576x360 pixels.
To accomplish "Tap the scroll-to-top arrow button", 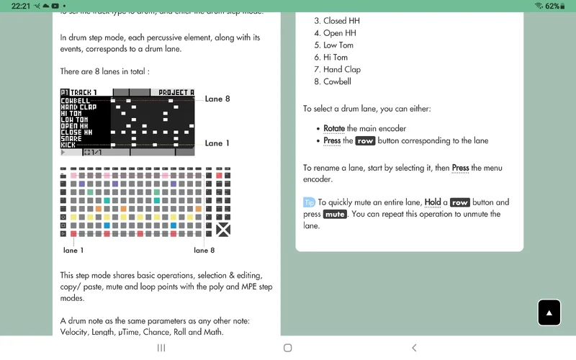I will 549,312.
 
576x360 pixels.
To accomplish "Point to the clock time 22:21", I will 20,6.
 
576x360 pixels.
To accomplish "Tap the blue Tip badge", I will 309,202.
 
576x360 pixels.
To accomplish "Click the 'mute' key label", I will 335,215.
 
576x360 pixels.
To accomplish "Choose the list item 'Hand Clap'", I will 342,70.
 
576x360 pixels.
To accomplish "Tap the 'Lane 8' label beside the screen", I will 217,99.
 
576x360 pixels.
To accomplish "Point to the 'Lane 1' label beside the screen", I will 217,143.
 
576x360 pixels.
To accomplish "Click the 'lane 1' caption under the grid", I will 73,251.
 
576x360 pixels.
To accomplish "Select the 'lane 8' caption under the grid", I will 204,251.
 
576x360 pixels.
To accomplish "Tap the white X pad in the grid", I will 223,230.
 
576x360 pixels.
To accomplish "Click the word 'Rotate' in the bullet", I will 334,129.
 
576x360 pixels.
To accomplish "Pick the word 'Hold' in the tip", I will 433,203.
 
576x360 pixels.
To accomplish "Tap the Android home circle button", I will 288,348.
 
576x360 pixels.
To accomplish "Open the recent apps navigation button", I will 161,348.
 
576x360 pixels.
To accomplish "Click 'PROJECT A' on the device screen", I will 176,93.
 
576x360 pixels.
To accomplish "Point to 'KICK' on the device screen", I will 69,145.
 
